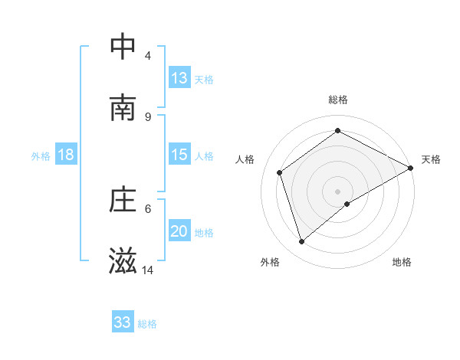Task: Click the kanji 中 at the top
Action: [x=123, y=47]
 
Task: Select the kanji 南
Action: [x=123, y=108]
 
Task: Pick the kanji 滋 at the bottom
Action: [x=123, y=261]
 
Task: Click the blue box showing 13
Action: [x=179, y=78]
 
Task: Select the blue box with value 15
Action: [x=179, y=155]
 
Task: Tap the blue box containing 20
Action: [x=179, y=231]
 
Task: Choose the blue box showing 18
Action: [x=66, y=155]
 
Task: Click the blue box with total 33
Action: [x=123, y=322]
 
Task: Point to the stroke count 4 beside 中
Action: [x=148, y=55]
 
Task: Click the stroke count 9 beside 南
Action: [x=148, y=116]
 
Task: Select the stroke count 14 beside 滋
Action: [x=148, y=270]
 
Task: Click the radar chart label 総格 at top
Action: [x=338, y=100]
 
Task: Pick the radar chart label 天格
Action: [x=431, y=159]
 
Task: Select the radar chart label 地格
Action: [x=402, y=262]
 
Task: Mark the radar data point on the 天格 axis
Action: [x=411, y=168]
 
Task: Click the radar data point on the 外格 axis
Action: [x=302, y=242]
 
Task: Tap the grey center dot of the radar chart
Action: [x=338, y=191]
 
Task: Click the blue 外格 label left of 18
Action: [x=41, y=155]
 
